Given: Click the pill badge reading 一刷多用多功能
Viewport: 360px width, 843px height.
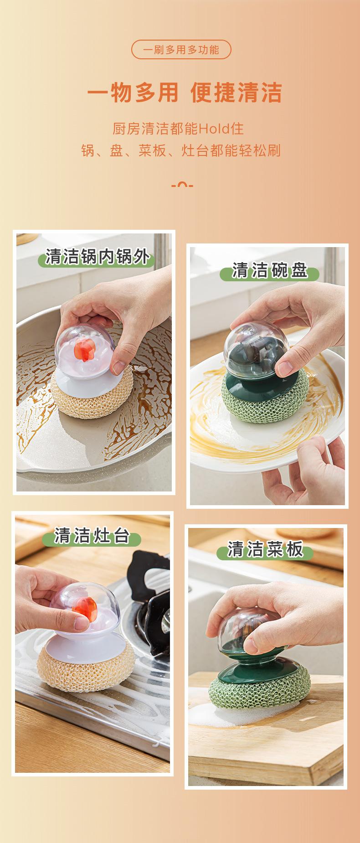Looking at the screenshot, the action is pos(181,50).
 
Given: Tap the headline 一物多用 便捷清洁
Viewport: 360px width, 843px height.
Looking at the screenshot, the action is pos(184,93).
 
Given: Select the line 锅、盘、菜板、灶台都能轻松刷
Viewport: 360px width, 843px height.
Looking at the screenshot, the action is pos(180,150).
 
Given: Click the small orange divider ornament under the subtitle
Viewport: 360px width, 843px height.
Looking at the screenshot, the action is pos(182,185).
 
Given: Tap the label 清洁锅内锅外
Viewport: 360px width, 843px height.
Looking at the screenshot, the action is pos(98,257).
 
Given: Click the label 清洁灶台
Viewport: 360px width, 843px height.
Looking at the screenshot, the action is pos(92,536).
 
